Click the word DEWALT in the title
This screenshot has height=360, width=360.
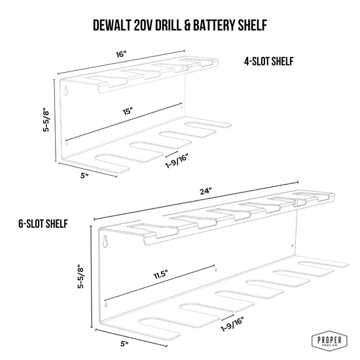tap(112, 25)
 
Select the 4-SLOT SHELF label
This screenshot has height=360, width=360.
tap(269, 62)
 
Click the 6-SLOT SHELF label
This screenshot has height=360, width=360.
tap(43, 224)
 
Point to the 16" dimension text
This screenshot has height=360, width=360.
tap(121, 54)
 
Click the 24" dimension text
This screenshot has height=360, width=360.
tap(206, 191)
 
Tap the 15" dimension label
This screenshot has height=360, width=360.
tap(128, 111)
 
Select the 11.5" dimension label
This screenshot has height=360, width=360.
tap(160, 274)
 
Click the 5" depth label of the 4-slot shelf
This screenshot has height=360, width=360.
tap(84, 175)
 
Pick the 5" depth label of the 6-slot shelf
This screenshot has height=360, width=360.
tap(124, 344)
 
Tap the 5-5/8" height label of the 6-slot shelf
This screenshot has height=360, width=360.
tap(81, 276)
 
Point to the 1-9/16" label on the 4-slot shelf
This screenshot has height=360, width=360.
tap(177, 161)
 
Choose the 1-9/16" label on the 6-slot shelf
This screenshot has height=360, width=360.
tap(232, 324)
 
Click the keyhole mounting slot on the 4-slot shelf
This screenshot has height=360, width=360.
tap(66, 91)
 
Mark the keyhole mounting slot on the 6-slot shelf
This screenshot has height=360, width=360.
tap(105, 242)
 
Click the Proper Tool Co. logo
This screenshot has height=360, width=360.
tap(329, 340)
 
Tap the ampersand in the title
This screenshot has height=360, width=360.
tap(187, 25)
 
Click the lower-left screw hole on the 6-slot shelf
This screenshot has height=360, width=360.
tap(105, 305)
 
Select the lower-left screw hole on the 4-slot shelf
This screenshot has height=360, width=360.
tap(67, 144)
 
